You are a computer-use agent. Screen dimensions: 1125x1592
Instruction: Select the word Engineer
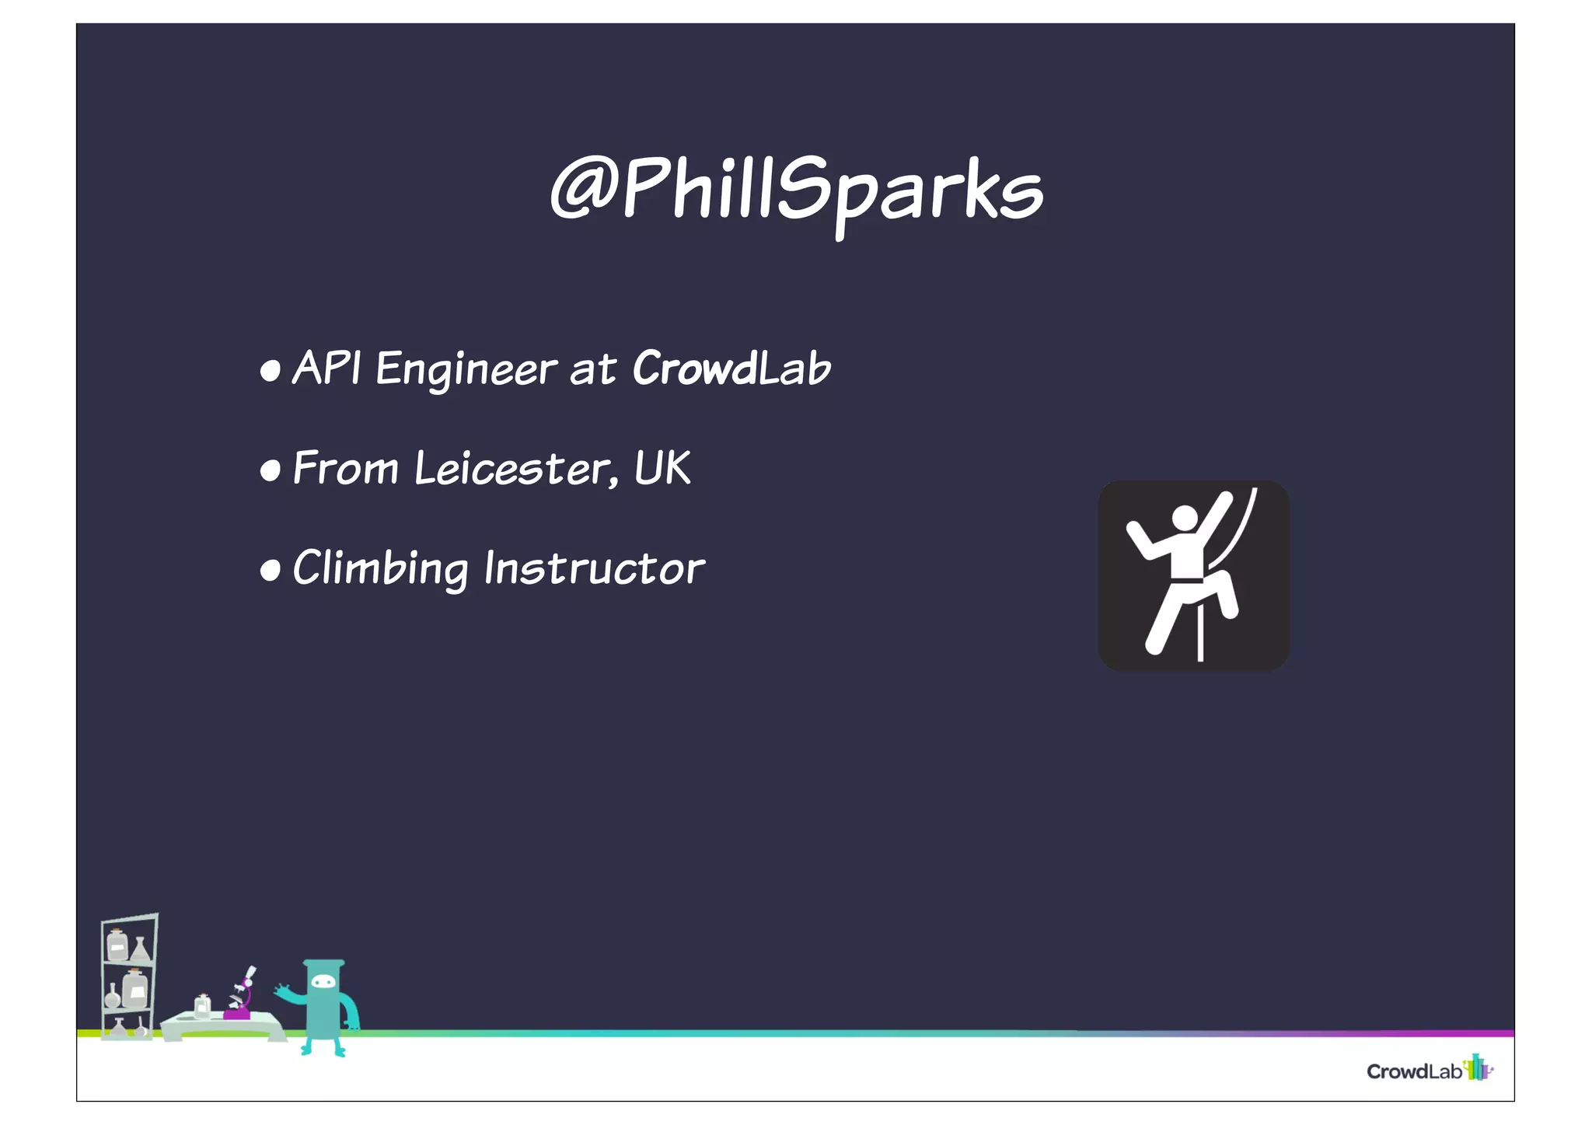click(x=466, y=369)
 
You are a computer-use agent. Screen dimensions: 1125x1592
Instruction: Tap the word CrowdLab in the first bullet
click(x=731, y=368)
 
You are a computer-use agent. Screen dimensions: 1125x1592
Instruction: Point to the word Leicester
click(x=513, y=469)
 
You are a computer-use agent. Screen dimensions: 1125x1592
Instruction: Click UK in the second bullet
click(x=662, y=468)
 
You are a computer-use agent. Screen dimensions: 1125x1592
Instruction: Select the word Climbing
click(x=380, y=568)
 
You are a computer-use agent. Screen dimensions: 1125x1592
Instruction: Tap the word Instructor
click(x=595, y=568)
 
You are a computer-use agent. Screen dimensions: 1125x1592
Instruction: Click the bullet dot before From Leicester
click(x=270, y=470)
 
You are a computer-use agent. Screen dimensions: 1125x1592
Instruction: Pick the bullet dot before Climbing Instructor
click(x=270, y=570)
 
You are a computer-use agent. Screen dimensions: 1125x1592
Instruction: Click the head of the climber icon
click(x=1185, y=519)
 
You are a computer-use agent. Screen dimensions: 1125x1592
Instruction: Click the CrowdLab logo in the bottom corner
click(x=1429, y=1070)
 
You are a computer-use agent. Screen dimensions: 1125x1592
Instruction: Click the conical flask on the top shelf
click(x=141, y=949)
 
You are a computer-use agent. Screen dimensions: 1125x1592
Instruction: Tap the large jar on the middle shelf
click(x=135, y=989)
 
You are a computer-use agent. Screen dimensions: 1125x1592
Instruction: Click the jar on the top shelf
click(x=117, y=945)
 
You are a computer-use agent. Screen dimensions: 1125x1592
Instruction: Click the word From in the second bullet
click(x=345, y=469)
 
